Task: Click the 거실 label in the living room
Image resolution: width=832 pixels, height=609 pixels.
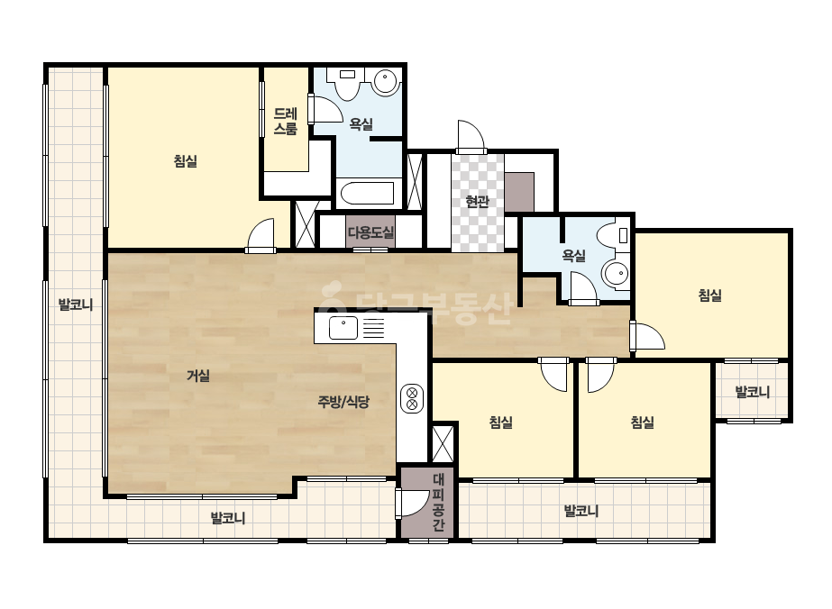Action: [198, 376]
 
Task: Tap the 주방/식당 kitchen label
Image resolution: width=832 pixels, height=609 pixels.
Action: [343, 402]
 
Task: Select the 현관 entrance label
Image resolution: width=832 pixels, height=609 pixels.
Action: [477, 201]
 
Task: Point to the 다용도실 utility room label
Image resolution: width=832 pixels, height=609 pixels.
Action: [370, 232]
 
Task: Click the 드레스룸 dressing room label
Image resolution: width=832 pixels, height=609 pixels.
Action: [286, 121]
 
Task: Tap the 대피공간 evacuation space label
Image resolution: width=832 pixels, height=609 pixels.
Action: [438, 503]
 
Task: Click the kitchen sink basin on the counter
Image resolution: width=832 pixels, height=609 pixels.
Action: [343, 327]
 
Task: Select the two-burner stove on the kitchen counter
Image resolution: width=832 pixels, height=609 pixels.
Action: [412, 398]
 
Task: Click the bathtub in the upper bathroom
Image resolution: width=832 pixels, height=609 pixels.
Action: [367, 194]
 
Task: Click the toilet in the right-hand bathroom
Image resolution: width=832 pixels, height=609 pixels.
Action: [614, 234]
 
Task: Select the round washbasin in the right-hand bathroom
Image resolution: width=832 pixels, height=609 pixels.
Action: [616, 274]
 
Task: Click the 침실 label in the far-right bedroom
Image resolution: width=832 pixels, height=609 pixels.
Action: [710, 295]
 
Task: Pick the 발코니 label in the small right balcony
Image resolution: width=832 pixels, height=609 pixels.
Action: [752, 392]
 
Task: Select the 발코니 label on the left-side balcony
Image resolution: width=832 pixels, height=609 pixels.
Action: [76, 304]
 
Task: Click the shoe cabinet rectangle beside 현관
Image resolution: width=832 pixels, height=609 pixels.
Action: [519, 192]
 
